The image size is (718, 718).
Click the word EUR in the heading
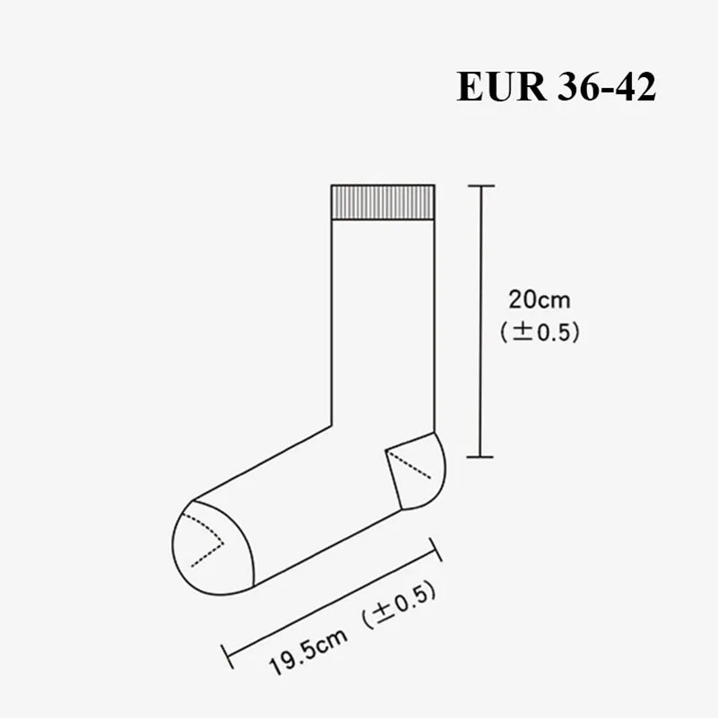coord(501,87)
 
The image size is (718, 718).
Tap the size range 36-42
coord(607,87)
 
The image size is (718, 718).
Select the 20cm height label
coord(540,300)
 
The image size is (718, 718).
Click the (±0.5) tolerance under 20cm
coord(540,332)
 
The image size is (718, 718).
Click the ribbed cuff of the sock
coord(383,203)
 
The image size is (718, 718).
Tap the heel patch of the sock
coord(416,471)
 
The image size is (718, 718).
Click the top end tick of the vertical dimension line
coord(480,186)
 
